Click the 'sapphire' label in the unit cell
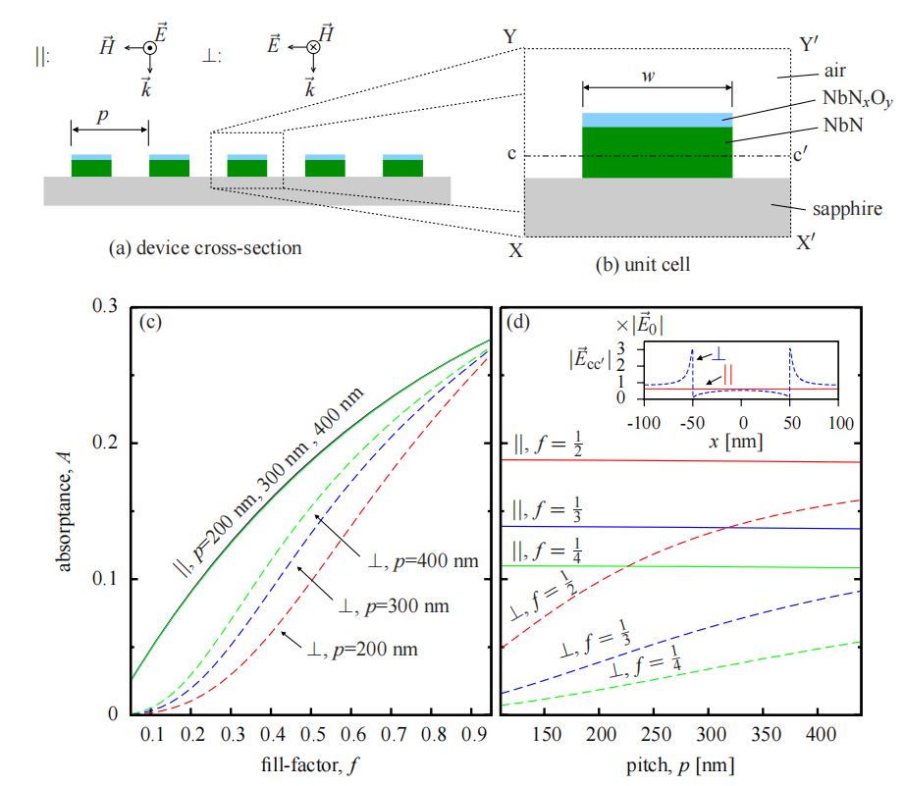847,209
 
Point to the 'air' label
835,71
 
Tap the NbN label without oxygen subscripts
843,125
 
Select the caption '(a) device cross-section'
205,248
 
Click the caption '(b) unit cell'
642,264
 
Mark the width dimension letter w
649,77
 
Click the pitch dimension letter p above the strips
103,117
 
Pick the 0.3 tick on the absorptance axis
105,305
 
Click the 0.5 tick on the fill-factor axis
312,734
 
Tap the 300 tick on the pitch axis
711,734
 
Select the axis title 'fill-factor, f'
309,765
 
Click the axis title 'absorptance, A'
65,511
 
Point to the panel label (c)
150,322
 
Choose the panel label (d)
517,322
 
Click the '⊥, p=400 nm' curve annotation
423,561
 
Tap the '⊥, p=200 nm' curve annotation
362,650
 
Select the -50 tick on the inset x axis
692,423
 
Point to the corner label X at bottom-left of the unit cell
515,250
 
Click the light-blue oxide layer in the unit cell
657,120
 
